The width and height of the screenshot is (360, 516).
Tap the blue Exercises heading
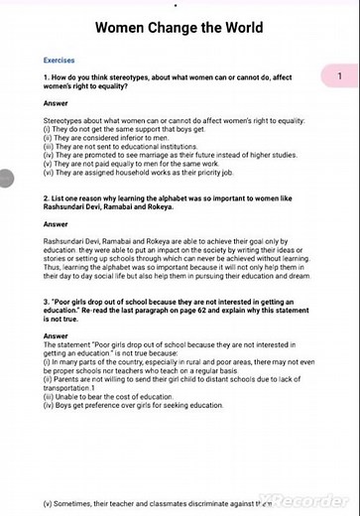[x=60, y=60]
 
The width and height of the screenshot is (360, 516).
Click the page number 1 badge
[x=339, y=76]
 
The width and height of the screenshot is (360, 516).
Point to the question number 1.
[x=46, y=77]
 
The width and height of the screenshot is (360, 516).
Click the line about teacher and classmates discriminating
[x=159, y=504]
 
